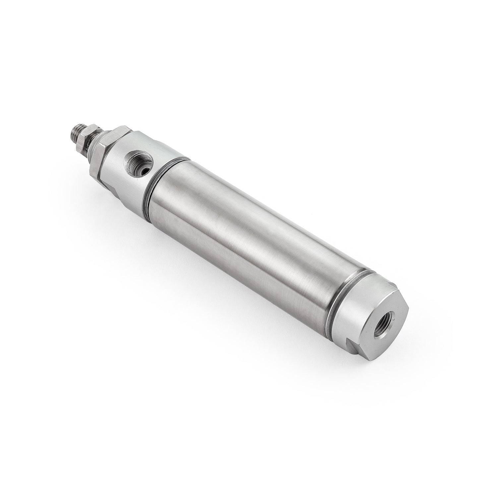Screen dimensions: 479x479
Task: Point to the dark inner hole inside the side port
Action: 141,161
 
